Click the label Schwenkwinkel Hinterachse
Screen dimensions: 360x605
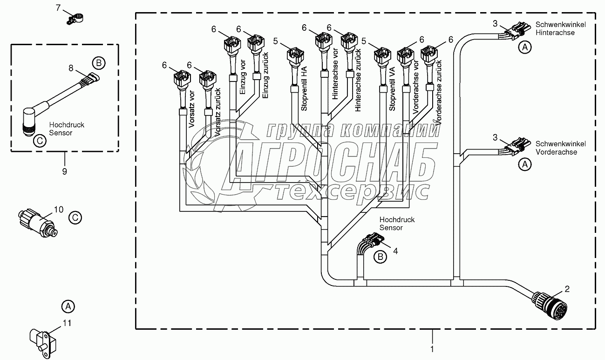pos(560,28)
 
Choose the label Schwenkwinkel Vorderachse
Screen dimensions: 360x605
pos(560,148)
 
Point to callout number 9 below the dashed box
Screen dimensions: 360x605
pos(64,171)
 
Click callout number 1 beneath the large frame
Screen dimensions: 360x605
pos(432,348)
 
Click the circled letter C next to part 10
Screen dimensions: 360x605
pos(75,217)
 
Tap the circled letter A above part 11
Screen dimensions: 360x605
pos(68,306)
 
